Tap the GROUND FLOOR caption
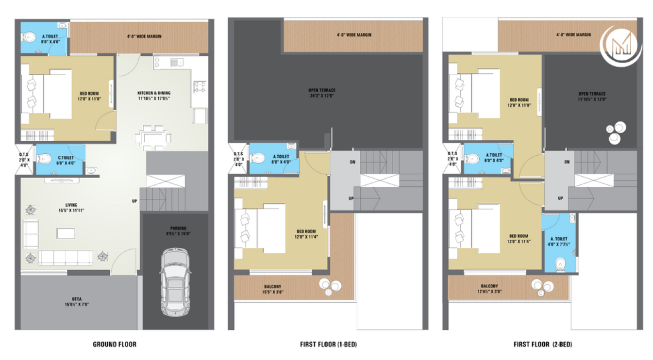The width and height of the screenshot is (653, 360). tap(115, 344)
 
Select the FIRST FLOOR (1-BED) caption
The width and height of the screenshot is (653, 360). tap(328, 344)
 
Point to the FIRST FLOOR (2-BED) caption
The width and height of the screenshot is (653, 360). tap(543, 344)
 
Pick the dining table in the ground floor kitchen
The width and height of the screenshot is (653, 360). tap(153, 136)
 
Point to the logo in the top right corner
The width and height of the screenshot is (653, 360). tap(621, 45)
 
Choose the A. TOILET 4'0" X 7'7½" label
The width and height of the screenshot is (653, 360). tap(559, 242)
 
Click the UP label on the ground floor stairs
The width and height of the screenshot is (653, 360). tap(134, 200)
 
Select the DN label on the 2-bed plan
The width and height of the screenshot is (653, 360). tap(567, 162)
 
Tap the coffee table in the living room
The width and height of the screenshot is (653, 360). tap(66, 233)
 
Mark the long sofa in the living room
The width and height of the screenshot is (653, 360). tap(66, 258)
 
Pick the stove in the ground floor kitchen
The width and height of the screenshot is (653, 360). tap(199, 87)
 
